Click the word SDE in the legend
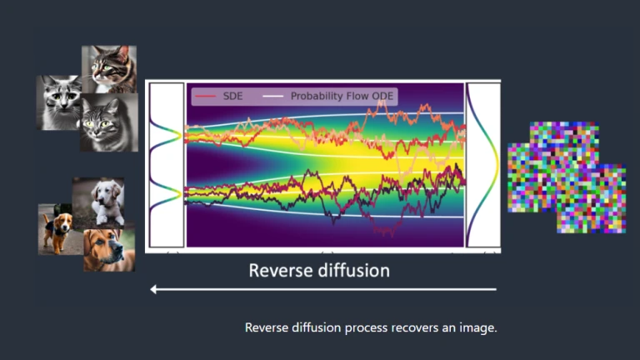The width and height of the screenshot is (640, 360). click(x=232, y=97)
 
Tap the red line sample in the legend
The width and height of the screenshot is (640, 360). click(x=205, y=97)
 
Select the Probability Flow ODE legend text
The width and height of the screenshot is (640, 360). click(x=342, y=97)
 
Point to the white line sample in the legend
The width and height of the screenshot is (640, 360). click(x=273, y=97)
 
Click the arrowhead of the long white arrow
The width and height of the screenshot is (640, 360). click(x=153, y=289)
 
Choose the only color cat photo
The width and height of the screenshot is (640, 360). click(x=109, y=69)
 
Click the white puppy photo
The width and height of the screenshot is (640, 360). click(x=99, y=202)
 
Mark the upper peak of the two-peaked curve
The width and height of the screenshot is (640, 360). click(x=180, y=135)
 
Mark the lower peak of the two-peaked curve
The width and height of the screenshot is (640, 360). click(x=180, y=195)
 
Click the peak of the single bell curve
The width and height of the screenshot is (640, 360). click(x=498, y=164)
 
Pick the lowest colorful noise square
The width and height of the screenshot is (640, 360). click(x=592, y=199)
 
